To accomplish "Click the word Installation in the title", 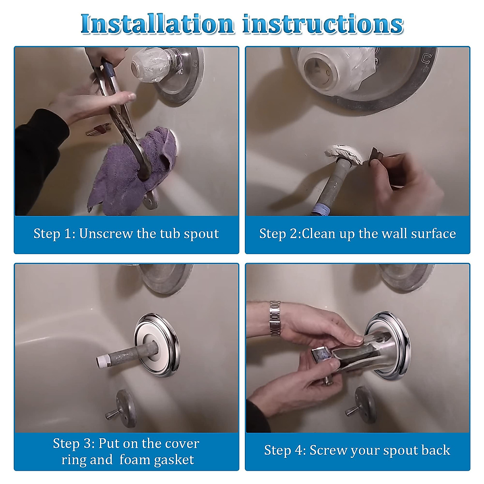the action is [x=157, y=24].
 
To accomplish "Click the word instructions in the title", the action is [x=323, y=24].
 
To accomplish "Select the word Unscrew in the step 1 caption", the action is [x=106, y=234].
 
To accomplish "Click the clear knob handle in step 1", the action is [x=153, y=68].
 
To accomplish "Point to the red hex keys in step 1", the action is [x=98, y=129].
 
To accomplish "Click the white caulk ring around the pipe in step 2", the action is [x=344, y=154].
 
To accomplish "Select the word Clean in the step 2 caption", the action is [x=319, y=234].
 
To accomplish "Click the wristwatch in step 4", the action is [x=275, y=318].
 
